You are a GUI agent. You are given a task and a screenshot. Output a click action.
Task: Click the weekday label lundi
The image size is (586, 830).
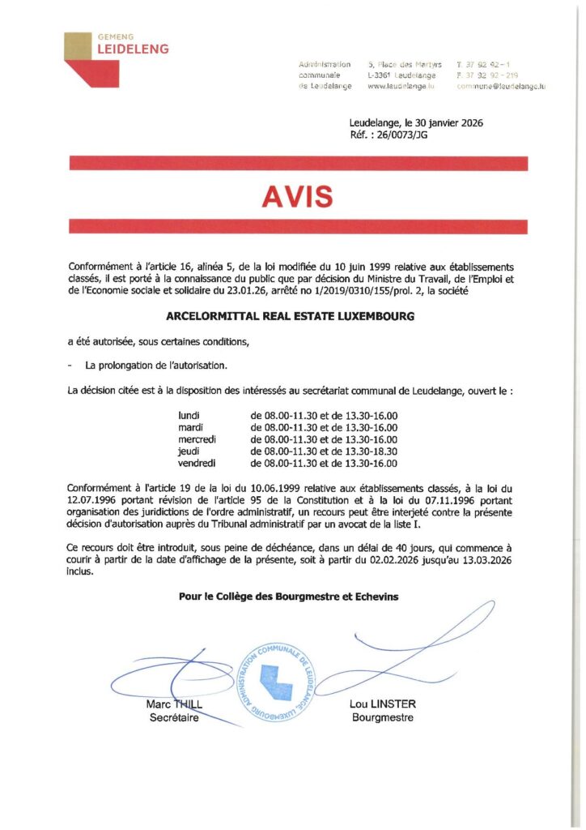(188, 416)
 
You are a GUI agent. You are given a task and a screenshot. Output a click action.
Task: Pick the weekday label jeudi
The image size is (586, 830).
(188, 451)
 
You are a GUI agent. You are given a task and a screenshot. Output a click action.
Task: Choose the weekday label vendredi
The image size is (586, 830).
(197, 464)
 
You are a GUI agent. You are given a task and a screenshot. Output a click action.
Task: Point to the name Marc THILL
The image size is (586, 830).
(173, 704)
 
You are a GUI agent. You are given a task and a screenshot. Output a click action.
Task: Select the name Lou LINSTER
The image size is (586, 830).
(382, 704)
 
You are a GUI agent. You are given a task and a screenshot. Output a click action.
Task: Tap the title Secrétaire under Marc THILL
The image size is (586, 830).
(173, 717)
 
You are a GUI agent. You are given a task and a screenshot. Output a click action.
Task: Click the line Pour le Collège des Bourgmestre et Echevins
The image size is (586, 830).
(288, 597)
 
